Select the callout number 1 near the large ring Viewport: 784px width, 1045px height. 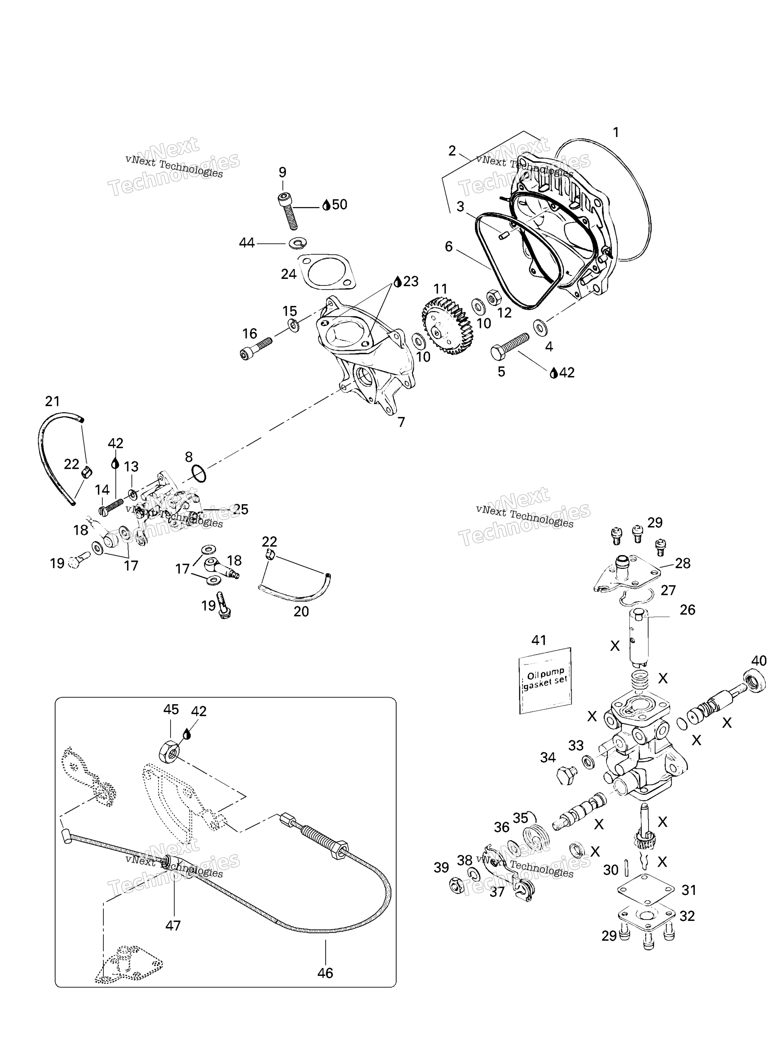[x=615, y=133]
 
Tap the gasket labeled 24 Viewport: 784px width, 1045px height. [x=327, y=272]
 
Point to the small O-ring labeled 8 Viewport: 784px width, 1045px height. [x=199, y=474]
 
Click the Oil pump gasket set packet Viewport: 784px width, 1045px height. [x=545, y=681]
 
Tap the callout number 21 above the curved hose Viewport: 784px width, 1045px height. [x=52, y=401]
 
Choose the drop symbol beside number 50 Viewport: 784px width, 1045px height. [x=326, y=205]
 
